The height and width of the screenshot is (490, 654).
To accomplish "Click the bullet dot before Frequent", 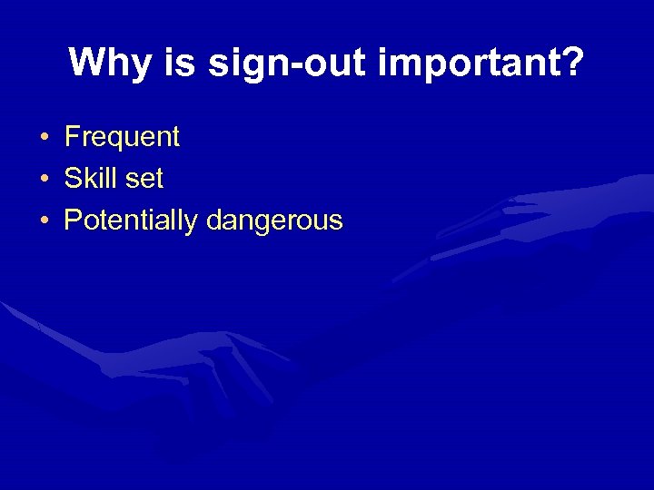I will point(44,139).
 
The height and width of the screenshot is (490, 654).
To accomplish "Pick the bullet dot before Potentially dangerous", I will point(44,221).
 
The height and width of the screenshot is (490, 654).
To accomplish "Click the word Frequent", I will point(122,138).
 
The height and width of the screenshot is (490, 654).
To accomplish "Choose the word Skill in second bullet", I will point(90,179).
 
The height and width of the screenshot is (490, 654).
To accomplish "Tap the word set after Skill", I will point(144,179).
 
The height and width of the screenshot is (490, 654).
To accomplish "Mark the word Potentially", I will point(132,220).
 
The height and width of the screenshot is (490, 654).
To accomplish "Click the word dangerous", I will point(274,220).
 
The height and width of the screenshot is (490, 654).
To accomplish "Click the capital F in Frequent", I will point(72,138).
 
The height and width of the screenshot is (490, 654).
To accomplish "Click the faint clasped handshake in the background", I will point(227,363).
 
